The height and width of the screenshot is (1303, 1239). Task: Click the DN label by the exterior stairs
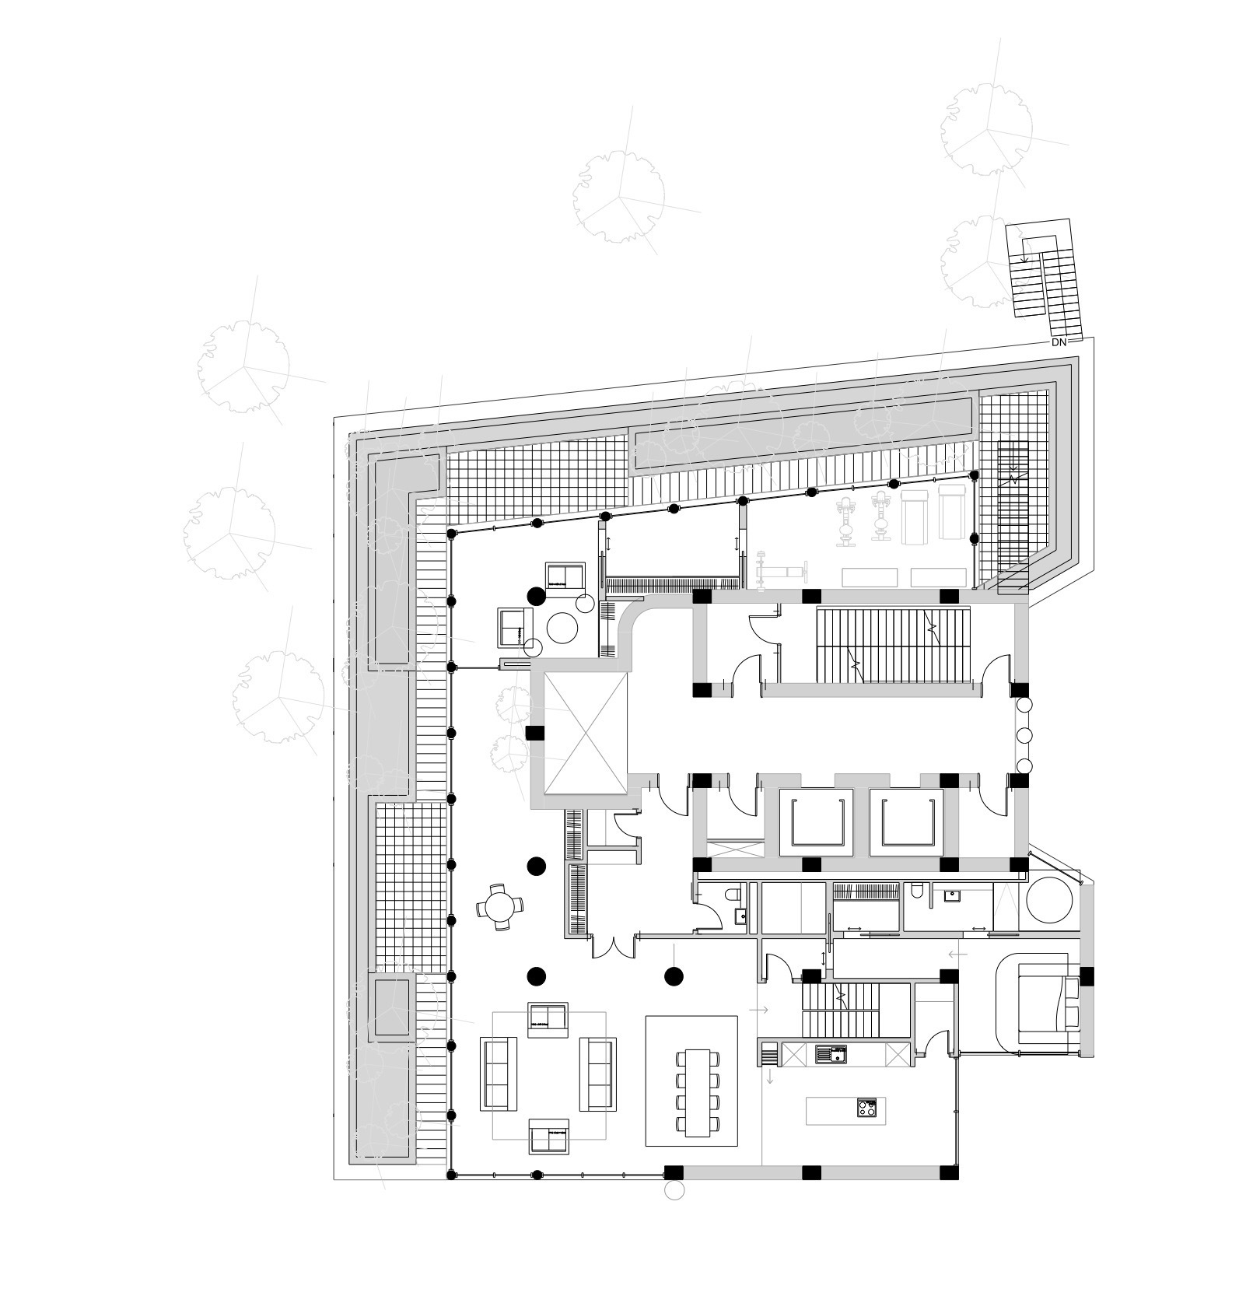[1059, 342]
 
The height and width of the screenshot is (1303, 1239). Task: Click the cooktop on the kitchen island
[866, 1108]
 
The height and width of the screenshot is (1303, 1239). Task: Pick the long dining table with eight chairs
[698, 1092]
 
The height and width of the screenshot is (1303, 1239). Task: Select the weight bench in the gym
[781, 573]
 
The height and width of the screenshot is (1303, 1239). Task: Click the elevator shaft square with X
[585, 733]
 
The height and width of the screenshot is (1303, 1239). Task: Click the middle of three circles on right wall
[1024, 735]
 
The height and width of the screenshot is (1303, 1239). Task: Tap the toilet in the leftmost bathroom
[730, 895]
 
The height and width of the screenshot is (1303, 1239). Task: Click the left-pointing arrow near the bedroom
[957, 954]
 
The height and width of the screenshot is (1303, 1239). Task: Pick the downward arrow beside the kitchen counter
[770, 1077]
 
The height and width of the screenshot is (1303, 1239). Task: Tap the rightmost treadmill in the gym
[951, 511]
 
